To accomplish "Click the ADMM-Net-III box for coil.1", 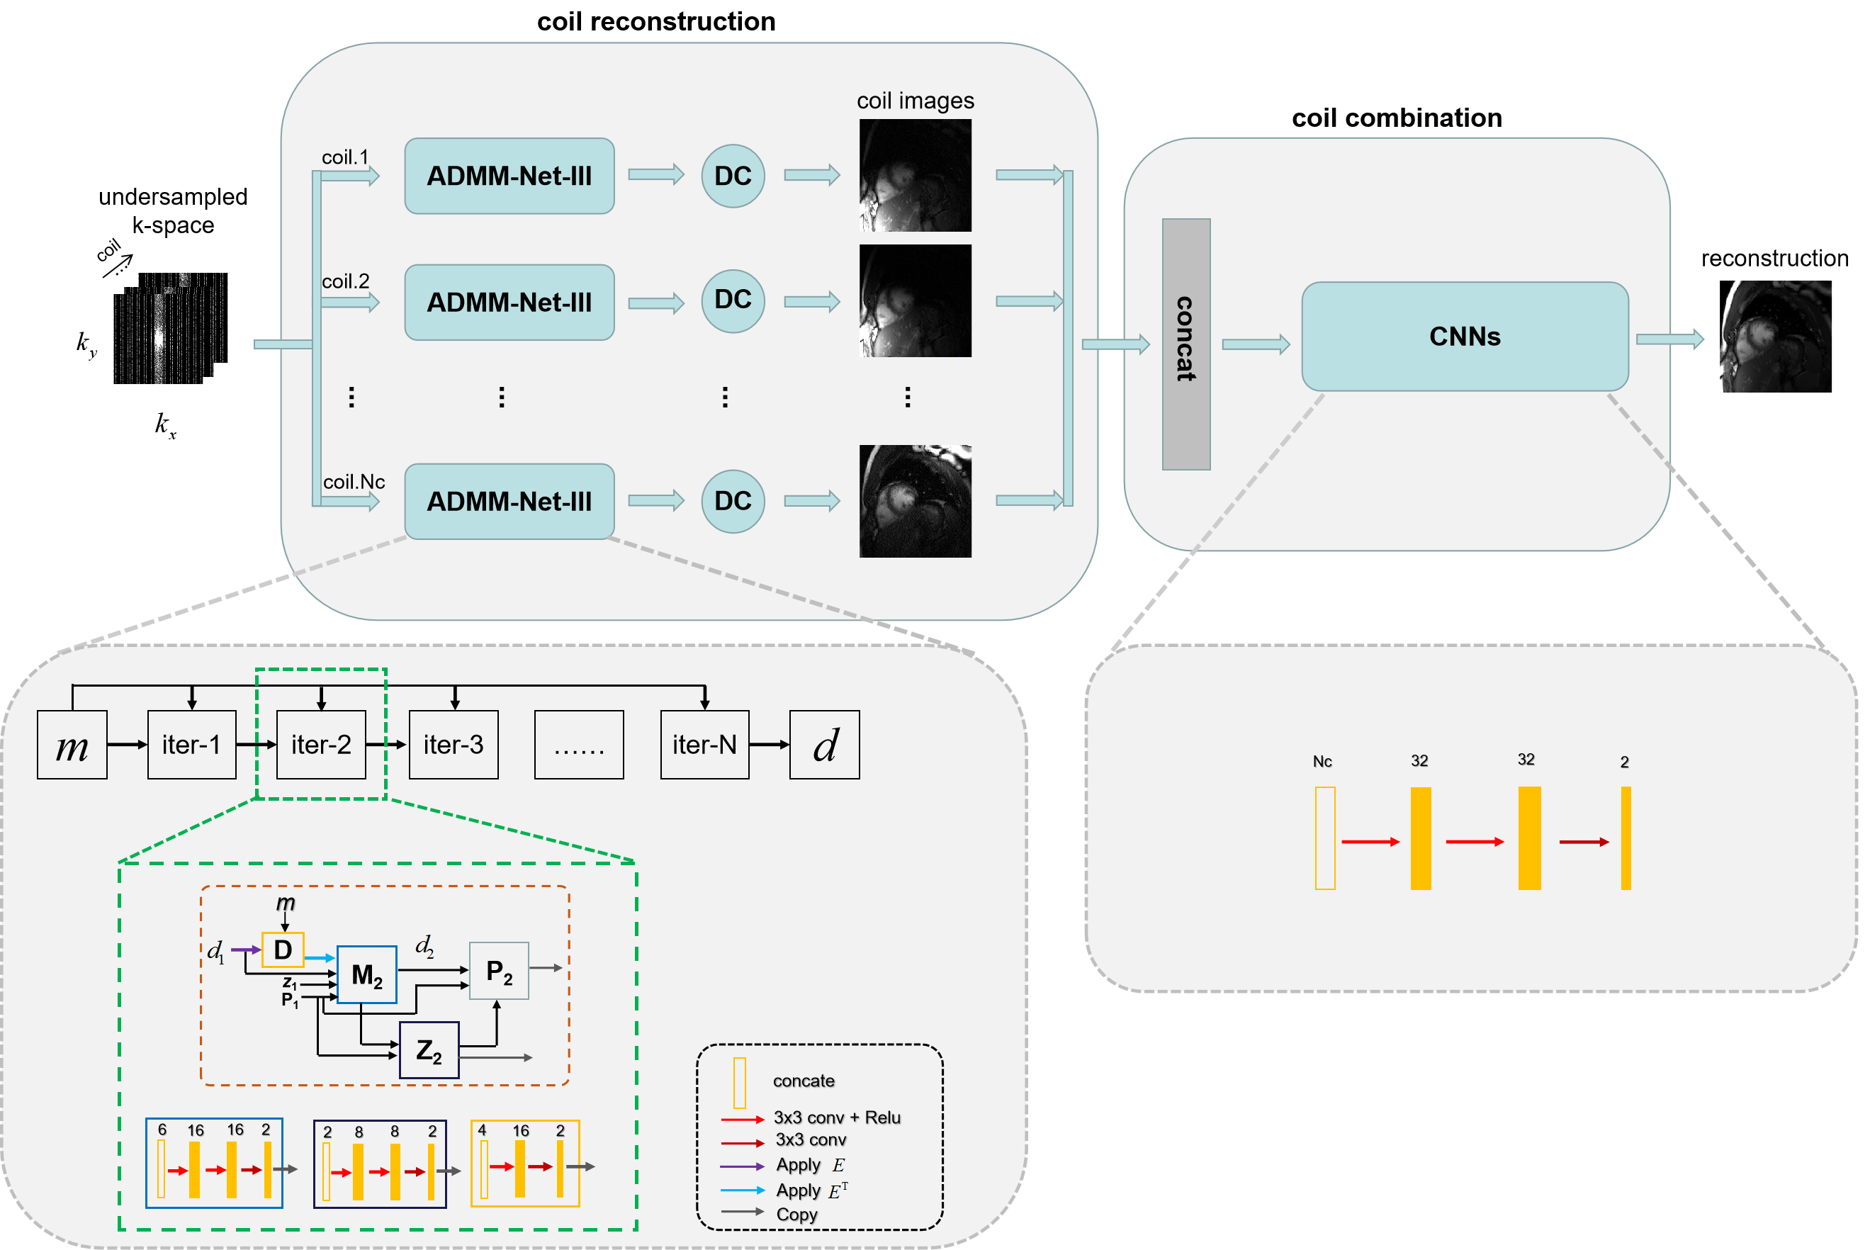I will (x=509, y=176).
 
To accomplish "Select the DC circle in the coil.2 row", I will (x=733, y=300).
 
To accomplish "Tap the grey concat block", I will (x=1186, y=344).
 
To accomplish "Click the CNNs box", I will (x=1464, y=337).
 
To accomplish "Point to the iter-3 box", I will (x=454, y=745).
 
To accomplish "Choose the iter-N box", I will (x=704, y=745).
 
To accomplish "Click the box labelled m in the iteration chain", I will (x=72, y=745).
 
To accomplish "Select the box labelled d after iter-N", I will (x=824, y=745).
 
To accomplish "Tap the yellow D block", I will (x=283, y=950).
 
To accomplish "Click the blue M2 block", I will (x=366, y=974).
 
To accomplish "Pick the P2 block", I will (x=499, y=971).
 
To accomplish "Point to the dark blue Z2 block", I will (x=429, y=1050).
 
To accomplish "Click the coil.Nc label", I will (x=354, y=482).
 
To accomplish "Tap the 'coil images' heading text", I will (x=915, y=101).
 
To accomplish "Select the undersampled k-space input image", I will (x=171, y=329).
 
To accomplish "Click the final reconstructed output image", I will (x=1775, y=337).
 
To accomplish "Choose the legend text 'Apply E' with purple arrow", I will (x=810, y=1166).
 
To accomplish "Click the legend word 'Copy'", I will (x=796, y=1214).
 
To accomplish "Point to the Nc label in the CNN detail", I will (x=1322, y=761).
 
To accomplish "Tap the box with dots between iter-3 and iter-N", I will (x=579, y=745).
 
